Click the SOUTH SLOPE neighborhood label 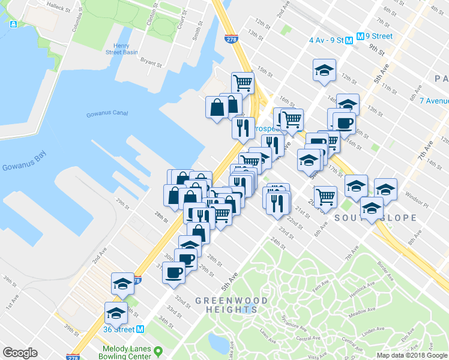coord(376,217)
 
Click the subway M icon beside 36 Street coord(140,329)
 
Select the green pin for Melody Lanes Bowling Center coord(158,350)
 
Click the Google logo coord(20,353)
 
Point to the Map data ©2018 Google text coord(412,355)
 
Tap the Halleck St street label coord(59,7)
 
